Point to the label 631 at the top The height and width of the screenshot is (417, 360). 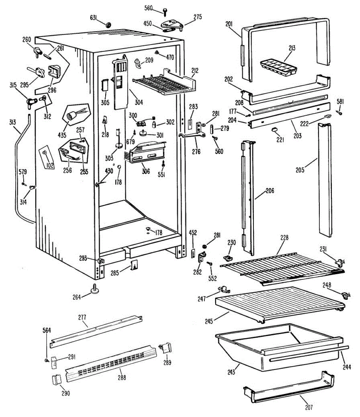(94, 17)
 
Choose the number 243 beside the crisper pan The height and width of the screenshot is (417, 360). (231, 372)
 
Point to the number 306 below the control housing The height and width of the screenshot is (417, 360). (146, 171)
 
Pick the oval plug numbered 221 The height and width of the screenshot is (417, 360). (275, 130)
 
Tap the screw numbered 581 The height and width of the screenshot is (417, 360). (341, 113)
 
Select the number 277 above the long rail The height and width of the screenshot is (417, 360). (82, 317)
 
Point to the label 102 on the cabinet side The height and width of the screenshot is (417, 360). (50, 165)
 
